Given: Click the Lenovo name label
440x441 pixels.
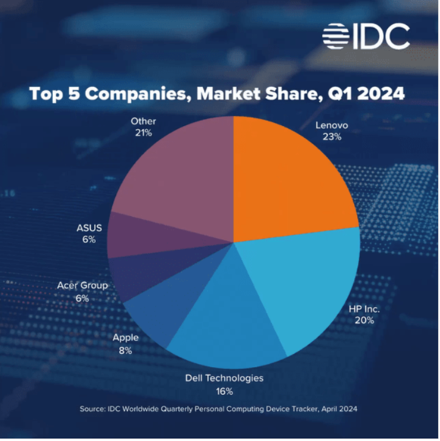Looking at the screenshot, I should [x=331, y=125].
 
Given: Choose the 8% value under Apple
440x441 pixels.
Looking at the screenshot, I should [x=125, y=351].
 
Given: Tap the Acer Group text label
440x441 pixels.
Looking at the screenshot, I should [x=83, y=286].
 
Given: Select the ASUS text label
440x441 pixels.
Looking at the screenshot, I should [x=89, y=228].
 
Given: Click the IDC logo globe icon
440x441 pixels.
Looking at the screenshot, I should [x=337, y=37].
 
